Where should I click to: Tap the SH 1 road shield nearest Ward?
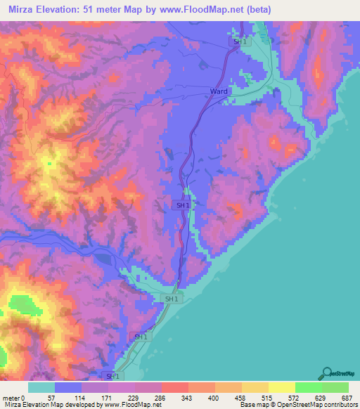(x=240, y=42)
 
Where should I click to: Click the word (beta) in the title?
(x=257, y=10)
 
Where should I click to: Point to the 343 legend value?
(x=188, y=397)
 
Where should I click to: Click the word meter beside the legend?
(x=12, y=397)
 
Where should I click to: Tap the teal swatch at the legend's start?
(x=41, y=387)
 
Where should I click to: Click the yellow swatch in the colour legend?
(x=281, y=387)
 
